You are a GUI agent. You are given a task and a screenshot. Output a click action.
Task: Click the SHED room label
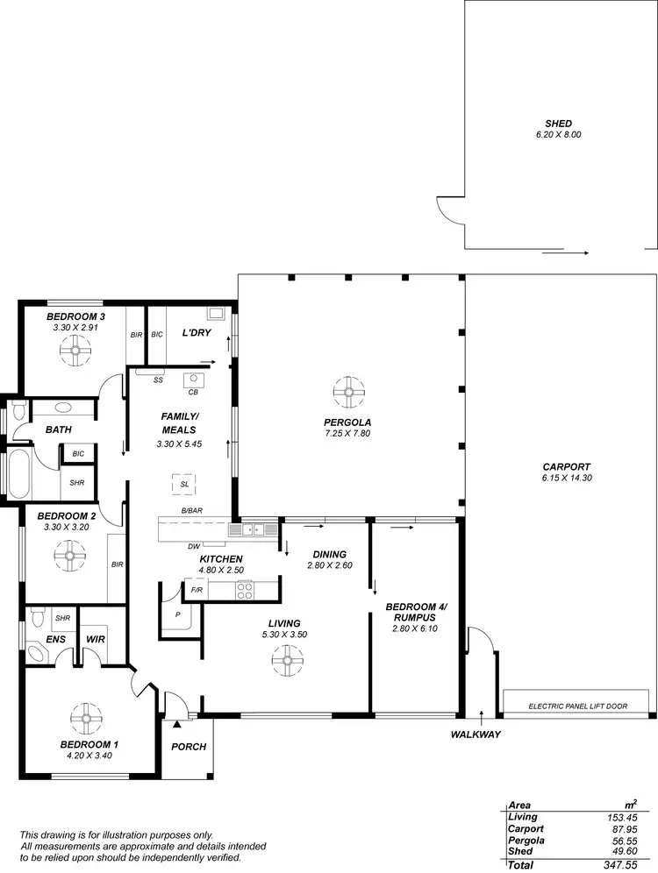tap(558, 124)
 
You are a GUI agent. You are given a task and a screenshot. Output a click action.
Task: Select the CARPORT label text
tap(566, 467)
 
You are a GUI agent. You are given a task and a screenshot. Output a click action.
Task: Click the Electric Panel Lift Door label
tap(577, 706)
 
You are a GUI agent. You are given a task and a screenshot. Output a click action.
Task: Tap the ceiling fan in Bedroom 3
tap(75, 352)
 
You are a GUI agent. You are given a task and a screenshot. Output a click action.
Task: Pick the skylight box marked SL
tap(184, 484)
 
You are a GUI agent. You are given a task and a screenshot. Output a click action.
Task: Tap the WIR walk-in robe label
tap(95, 639)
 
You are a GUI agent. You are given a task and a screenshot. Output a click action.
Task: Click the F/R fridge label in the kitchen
tap(197, 591)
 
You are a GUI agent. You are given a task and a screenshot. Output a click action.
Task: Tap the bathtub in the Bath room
tap(18, 474)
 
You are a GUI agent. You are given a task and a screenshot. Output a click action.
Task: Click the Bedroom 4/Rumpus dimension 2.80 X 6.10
tap(414, 628)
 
